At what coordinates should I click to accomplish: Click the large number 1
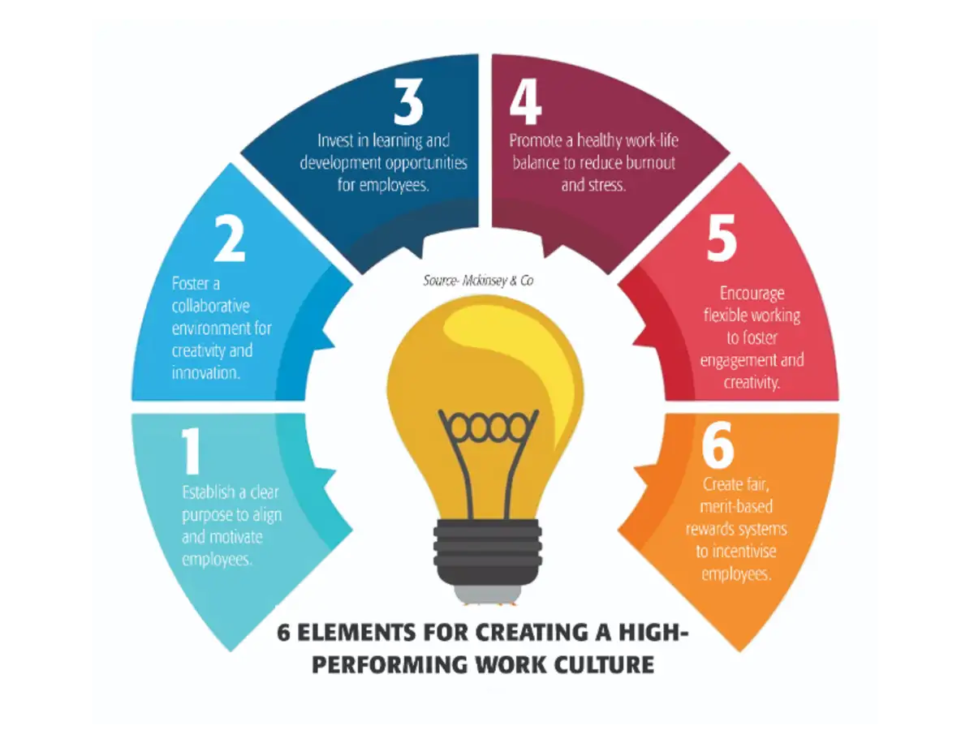point(192,451)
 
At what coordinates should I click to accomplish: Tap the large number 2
point(230,238)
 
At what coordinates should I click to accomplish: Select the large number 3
point(408,101)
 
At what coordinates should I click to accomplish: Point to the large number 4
point(525,101)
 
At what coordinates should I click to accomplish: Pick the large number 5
point(722,238)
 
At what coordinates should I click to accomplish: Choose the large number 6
point(718,445)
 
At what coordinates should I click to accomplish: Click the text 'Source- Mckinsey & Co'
point(478,281)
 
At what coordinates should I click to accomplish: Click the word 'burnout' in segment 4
point(650,163)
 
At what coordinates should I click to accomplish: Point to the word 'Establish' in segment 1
point(208,492)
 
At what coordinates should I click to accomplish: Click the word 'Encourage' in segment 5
point(752,294)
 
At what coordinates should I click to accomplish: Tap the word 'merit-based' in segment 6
point(736,506)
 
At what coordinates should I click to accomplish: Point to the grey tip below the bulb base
point(488,595)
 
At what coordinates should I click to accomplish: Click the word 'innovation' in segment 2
point(206,373)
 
